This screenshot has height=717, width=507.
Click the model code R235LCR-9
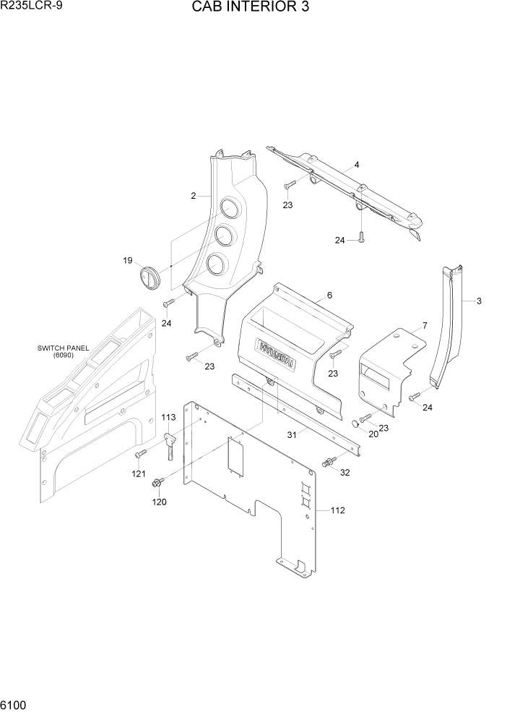click(30, 7)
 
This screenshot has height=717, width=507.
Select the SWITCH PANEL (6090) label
click(64, 351)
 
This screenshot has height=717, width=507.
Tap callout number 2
click(194, 196)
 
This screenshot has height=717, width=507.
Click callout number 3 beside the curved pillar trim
click(478, 301)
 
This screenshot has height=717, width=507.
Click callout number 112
click(337, 510)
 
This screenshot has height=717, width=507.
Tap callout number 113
click(168, 417)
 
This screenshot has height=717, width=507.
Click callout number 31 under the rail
click(292, 434)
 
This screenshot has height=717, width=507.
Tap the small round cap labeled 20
click(355, 422)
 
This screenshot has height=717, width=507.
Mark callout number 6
click(329, 295)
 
